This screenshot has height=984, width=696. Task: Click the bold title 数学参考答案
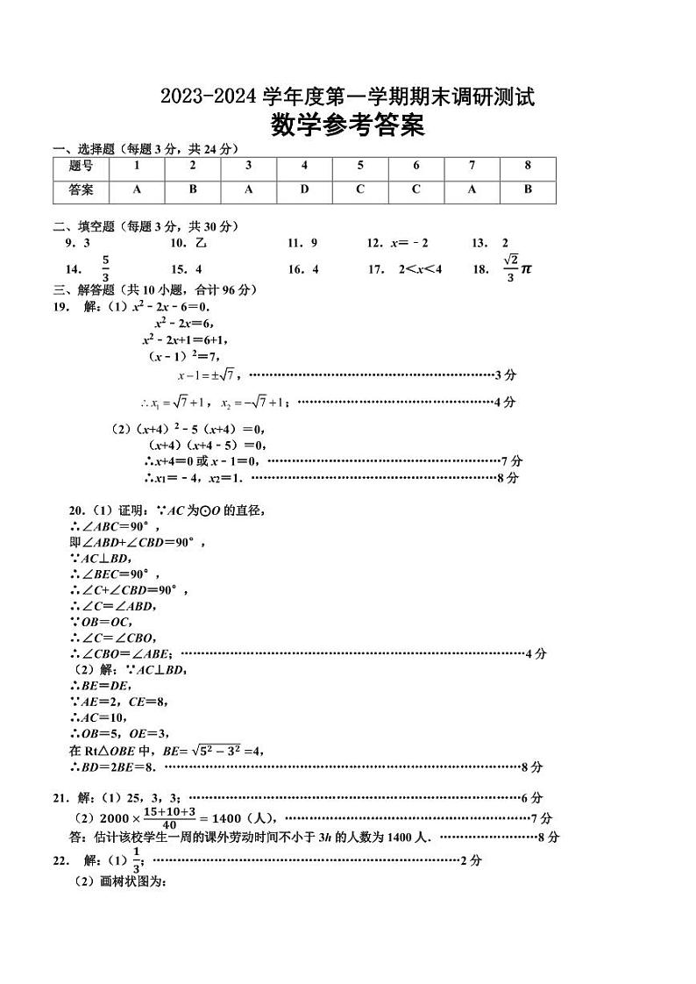(347, 127)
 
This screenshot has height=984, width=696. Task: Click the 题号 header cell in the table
(81, 166)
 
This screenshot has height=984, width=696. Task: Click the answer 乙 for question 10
(201, 243)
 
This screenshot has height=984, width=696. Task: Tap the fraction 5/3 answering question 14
(105, 268)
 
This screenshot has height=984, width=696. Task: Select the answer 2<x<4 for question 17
(420, 269)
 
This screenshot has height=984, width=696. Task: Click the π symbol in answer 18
(526, 269)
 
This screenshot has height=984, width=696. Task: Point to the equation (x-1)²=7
(182, 355)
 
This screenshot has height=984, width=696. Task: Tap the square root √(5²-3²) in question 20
(216, 750)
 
